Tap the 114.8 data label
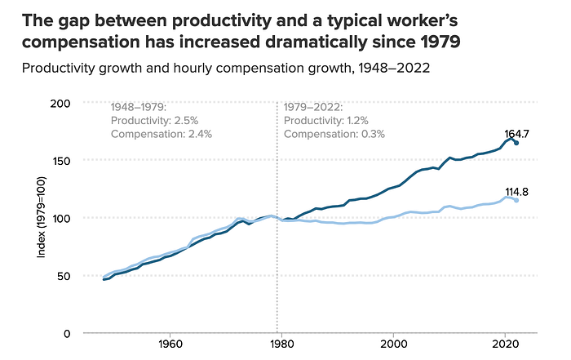coord(517,192)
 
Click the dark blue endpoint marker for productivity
coord(516,143)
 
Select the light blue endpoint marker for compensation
coord(516,200)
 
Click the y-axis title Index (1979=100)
coord(42,218)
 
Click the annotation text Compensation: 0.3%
coord(334,134)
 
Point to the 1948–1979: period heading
coord(139,107)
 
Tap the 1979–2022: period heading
coord(312,107)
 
